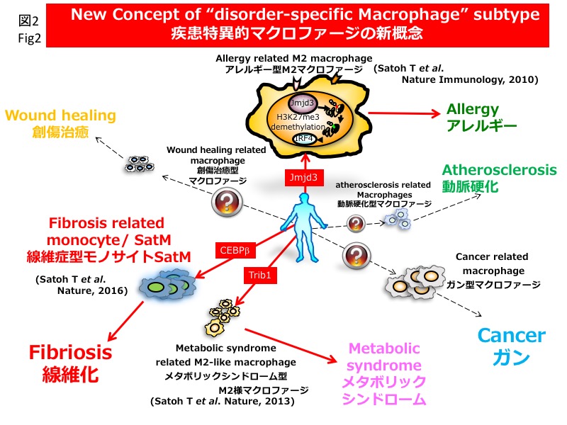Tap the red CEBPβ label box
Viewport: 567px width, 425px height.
click(234, 250)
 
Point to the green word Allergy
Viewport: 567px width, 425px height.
click(473, 110)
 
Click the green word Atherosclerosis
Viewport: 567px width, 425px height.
click(499, 170)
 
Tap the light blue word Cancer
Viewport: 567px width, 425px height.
click(511, 334)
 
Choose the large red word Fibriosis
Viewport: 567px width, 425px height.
click(70, 352)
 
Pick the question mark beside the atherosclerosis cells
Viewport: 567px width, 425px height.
click(356, 224)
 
